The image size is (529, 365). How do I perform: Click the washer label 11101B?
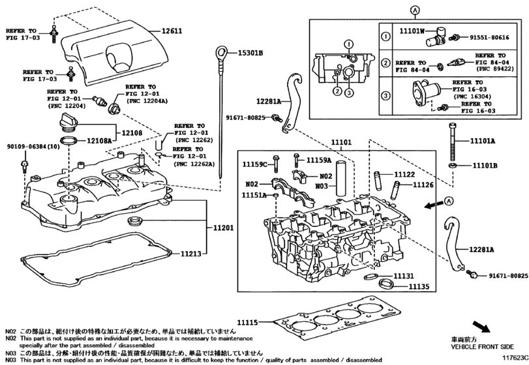484,166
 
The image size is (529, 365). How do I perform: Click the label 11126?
422,184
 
